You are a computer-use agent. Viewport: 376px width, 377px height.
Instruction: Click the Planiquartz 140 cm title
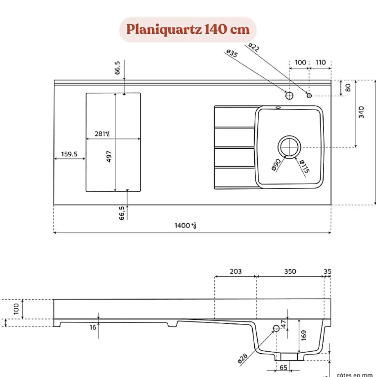tap(188, 30)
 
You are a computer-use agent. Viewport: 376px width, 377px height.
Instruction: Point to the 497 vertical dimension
tap(109, 156)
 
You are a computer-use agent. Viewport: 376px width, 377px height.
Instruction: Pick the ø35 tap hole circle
tap(289, 95)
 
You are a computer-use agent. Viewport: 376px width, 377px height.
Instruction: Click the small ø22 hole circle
tap(309, 96)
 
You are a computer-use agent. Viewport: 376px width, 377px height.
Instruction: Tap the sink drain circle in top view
tap(289, 147)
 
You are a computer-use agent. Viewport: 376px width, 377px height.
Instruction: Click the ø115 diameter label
tap(304, 166)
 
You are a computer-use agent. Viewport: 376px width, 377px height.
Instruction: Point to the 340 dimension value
tap(361, 112)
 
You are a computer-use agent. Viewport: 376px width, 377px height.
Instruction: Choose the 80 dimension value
tap(348, 88)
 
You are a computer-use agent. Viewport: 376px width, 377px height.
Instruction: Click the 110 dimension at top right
tap(321, 63)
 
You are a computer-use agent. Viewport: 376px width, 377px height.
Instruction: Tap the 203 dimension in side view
tap(235, 271)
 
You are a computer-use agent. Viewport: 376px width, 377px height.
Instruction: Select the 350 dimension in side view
tap(290, 271)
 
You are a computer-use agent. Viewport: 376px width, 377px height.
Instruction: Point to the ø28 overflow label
tap(243, 358)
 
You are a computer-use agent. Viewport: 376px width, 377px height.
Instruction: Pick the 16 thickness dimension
tap(93, 327)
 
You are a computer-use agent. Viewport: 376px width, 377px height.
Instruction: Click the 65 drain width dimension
tap(283, 367)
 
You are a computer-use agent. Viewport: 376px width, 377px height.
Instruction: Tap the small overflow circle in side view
tap(276, 328)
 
